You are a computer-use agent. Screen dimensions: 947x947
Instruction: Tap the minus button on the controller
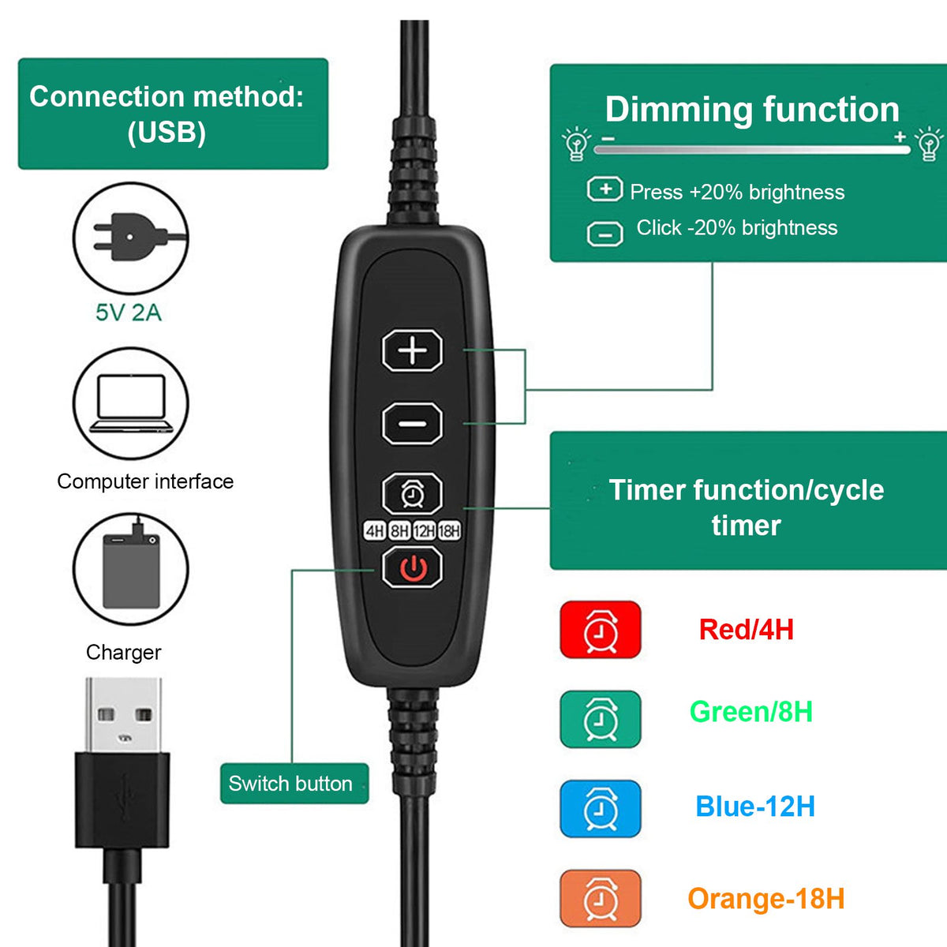pos(412,423)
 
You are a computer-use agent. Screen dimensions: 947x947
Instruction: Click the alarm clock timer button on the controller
pos(412,493)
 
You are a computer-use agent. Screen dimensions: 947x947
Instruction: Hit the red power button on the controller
pos(412,567)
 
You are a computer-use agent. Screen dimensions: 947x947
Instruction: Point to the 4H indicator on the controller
pos(375,531)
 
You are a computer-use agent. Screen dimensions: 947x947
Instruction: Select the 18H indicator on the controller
pos(449,531)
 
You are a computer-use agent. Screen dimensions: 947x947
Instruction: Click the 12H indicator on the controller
pos(425,531)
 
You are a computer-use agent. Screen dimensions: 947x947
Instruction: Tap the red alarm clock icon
pos(600,630)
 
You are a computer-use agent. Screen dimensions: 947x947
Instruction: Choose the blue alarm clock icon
pos(600,808)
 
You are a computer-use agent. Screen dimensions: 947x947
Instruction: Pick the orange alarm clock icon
pos(600,898)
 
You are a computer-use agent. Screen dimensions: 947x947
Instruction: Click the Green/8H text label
pos(750,711)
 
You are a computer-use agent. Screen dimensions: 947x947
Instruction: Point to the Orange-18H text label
pos(765,898)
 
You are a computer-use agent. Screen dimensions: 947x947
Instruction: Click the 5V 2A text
pos(129,313)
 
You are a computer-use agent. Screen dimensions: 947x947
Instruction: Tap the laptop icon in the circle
pos(131,403)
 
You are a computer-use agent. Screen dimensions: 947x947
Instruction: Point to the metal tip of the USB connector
pos(123,715)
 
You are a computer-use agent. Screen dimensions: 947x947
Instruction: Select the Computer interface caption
pos(145,481)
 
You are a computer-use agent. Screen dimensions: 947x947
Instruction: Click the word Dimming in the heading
pos(678,110)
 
